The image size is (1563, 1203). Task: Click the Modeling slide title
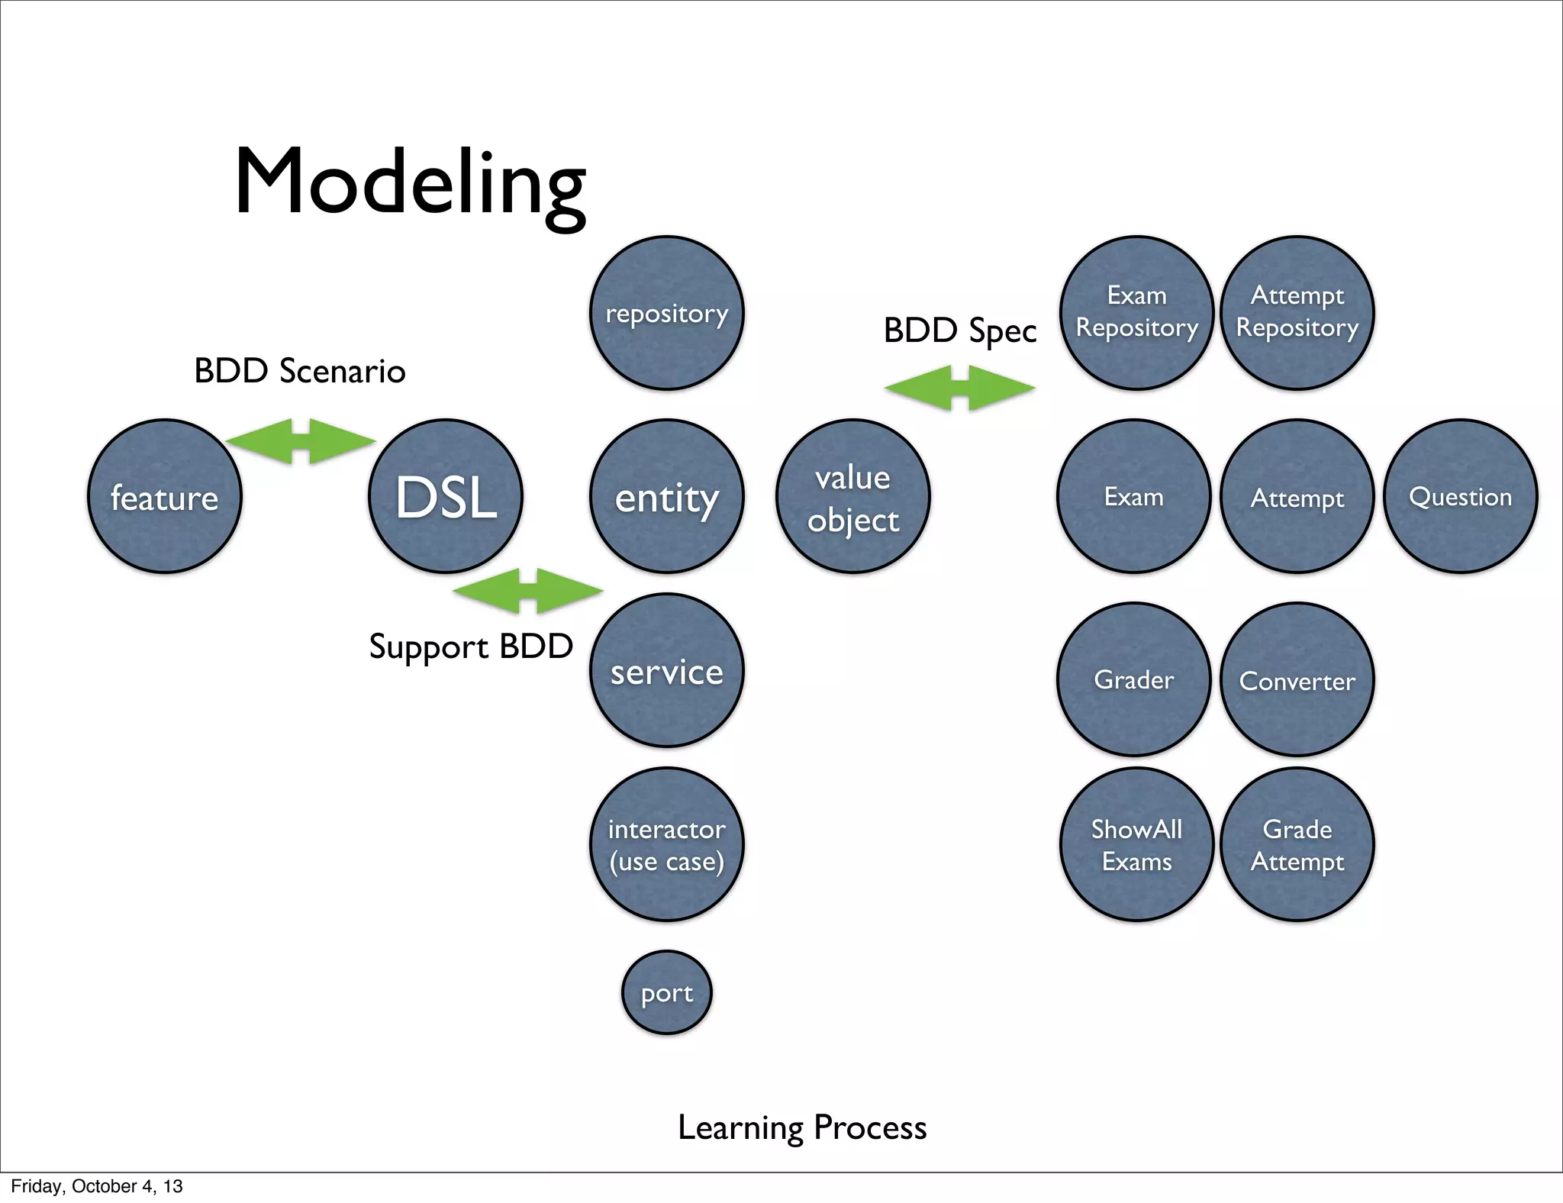[x=410, y=183]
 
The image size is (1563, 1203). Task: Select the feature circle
[x=165, y=496]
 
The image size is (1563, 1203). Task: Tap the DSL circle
[x=446, y=496]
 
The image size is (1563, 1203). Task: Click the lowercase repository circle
[x=667, y=313]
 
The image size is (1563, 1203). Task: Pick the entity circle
[x=667, y=496]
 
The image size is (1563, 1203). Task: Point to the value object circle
[x=853, y=496]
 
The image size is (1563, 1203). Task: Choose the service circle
[x=667, y=670]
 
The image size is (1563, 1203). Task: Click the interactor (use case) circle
[x=667, y=844]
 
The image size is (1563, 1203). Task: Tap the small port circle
[x=667, y=992]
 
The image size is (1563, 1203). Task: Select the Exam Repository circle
[x=1136, y=313]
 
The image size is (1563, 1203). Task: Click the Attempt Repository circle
[x=1297, y=313]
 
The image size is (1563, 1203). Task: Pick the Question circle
[x=1461, y=496]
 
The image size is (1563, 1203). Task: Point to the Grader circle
[x=1134, y=679]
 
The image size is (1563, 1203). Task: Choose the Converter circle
[x=1297, y=679]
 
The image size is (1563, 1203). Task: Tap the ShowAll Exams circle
[x=1136, y=844]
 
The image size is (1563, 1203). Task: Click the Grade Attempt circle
[x=1297, y=844]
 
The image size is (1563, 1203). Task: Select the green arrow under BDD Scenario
[x=301, y=441]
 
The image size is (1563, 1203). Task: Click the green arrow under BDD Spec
[x=960, y=388]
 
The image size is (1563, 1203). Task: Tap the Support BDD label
[x=471, y=647]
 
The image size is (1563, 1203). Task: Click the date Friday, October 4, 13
[x=97, y=1186]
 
